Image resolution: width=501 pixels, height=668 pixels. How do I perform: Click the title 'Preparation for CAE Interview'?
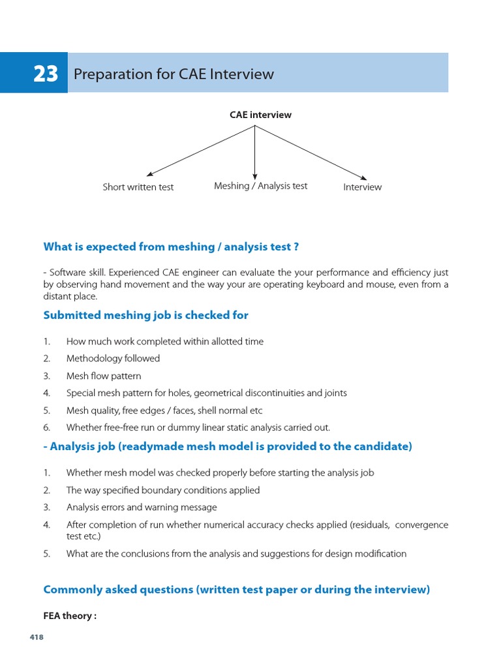174,74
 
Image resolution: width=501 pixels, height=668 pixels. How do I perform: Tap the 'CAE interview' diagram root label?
260,115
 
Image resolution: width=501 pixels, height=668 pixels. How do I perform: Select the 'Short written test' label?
138,187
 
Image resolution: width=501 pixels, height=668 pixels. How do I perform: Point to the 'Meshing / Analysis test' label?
260,186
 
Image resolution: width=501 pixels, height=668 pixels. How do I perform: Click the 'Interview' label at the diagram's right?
362,187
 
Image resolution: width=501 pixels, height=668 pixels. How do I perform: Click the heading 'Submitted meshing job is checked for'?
145,315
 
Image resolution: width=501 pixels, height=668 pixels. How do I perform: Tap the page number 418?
37,637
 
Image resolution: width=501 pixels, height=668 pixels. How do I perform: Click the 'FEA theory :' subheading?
70,616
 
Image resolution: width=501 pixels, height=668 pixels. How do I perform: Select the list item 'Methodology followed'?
113,358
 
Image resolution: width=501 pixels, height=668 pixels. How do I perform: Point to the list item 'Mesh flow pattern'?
104,376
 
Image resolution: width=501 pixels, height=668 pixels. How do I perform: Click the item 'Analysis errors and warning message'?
142,507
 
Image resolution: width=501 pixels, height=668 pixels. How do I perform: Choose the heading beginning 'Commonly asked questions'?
236,590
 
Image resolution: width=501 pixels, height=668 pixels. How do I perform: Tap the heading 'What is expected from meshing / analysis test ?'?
171,247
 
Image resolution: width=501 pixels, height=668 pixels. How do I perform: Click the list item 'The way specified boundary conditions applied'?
163,490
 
